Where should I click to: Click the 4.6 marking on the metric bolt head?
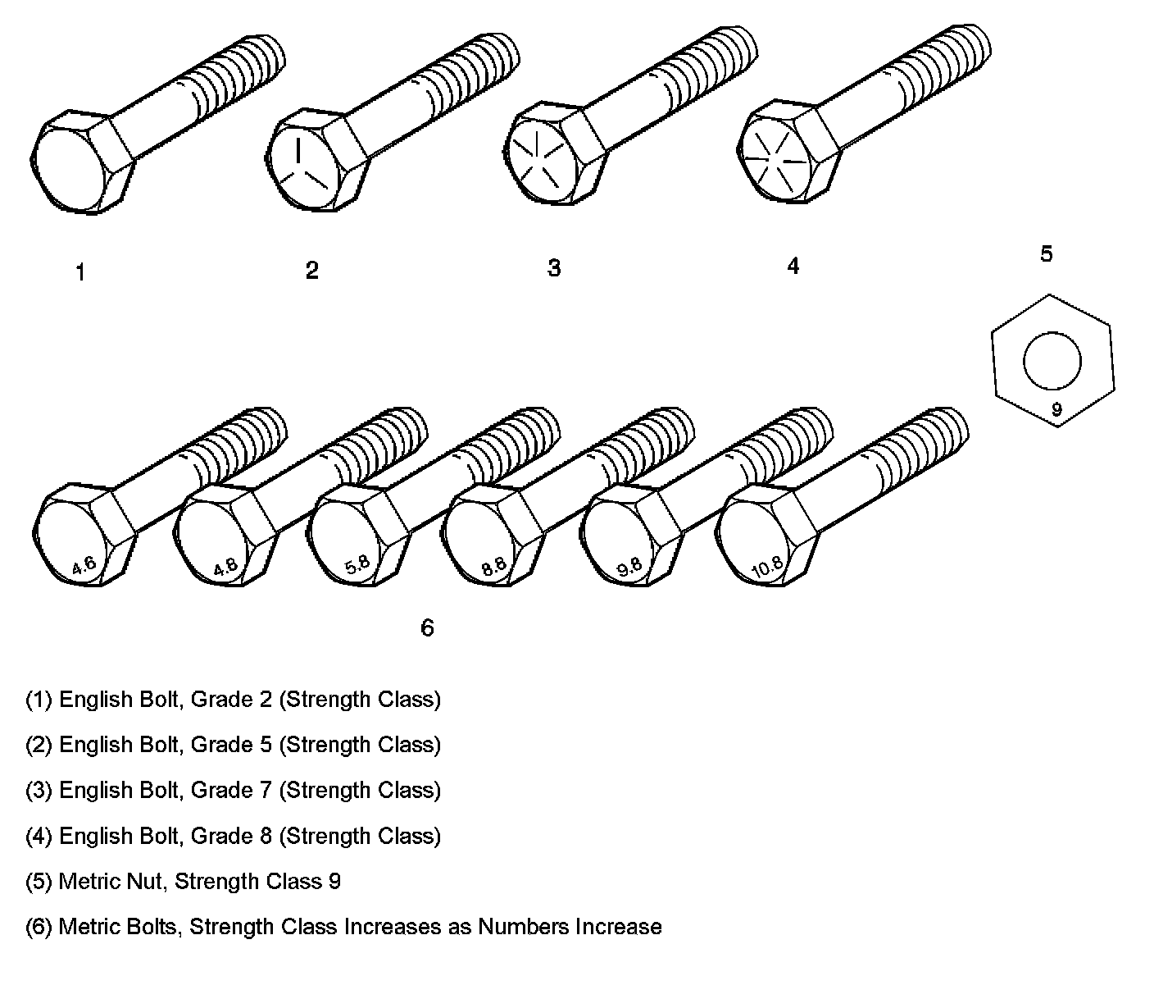(84, 565)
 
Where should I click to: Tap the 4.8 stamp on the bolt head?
(225, 567)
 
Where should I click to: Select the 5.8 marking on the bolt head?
(357, 566)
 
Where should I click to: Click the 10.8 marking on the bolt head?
(767, 568)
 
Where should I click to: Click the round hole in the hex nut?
(1052, 362)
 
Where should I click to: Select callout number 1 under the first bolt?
(80, 273)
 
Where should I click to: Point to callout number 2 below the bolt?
(311, 271)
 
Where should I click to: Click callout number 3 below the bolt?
(554, 268)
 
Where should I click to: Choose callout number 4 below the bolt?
(793, 267)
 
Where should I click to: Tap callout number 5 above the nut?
(1046, 254)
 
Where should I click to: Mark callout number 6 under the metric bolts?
(427, 628)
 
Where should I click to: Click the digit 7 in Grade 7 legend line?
(265, 791)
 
